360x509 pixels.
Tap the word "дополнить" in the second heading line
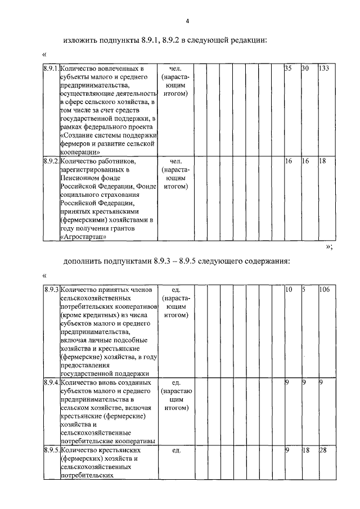click(x=84, y=262)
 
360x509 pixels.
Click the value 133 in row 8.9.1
click(x=323, y=68)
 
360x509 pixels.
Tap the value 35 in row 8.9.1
click(x=288, y=68)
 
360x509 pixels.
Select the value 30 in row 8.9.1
click(x=305, y=68)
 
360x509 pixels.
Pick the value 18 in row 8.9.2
click(x=322, y=161)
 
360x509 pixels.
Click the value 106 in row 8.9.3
click(x=323, y=289)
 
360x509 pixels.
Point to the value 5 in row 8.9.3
click(x=303, y=289)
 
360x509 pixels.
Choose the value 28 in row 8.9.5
click(x=322, y=451)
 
